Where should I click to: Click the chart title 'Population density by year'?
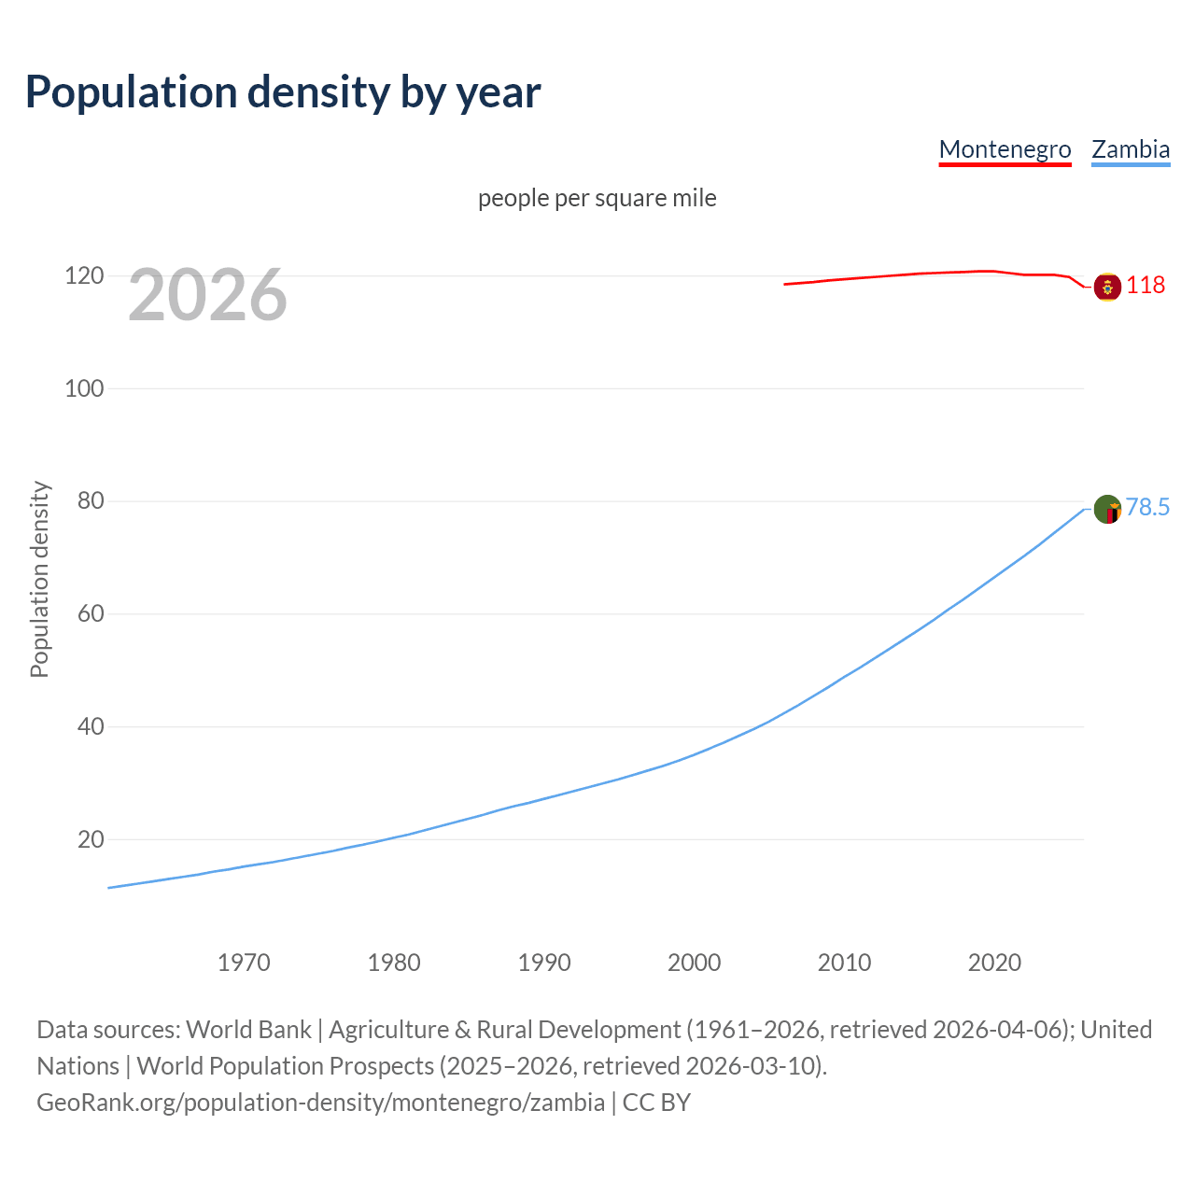click(283, 91)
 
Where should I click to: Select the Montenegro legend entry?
click(1005, 149)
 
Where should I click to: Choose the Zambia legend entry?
click(1131, 149)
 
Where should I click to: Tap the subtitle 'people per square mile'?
click(597, 198)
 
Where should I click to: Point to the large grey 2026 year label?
click(207, 295)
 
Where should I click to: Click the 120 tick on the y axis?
click(84, 276)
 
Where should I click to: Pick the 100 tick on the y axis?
click(84, 388)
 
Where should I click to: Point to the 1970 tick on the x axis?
click(244, 963)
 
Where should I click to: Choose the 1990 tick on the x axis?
click(544, 963)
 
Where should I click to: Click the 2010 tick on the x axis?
click(844, 963)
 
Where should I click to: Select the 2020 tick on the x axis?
click(994, 963)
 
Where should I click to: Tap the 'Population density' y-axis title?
click(39, 579)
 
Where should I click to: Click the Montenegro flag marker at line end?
click(1107, 287)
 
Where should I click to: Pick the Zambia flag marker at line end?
click(1107, 510)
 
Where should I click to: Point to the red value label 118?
click(1146, 286)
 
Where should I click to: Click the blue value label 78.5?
click(1147, 507)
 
